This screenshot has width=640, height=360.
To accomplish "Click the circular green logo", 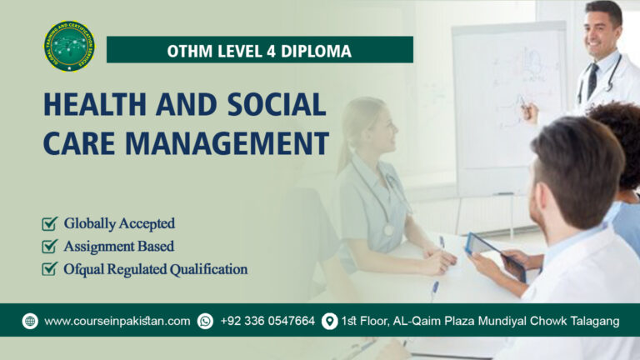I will (x=69, y=47).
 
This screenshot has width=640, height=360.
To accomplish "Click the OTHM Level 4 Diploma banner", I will (x=259, y=50).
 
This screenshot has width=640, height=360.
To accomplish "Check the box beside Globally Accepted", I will (x=50, y=223).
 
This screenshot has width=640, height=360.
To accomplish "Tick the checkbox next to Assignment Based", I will (x=50, y=246).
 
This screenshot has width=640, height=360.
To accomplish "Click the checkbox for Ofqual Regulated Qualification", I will (x=50, y=269).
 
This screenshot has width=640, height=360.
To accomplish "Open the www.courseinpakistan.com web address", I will (x=117, y=321).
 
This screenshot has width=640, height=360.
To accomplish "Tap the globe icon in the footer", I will (x=30, y=321).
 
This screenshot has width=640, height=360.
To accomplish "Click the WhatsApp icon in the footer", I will (x=205, y=321).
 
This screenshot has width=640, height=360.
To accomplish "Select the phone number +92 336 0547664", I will (x=267, y=321).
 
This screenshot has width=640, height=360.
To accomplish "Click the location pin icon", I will (x=329, y=321).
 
